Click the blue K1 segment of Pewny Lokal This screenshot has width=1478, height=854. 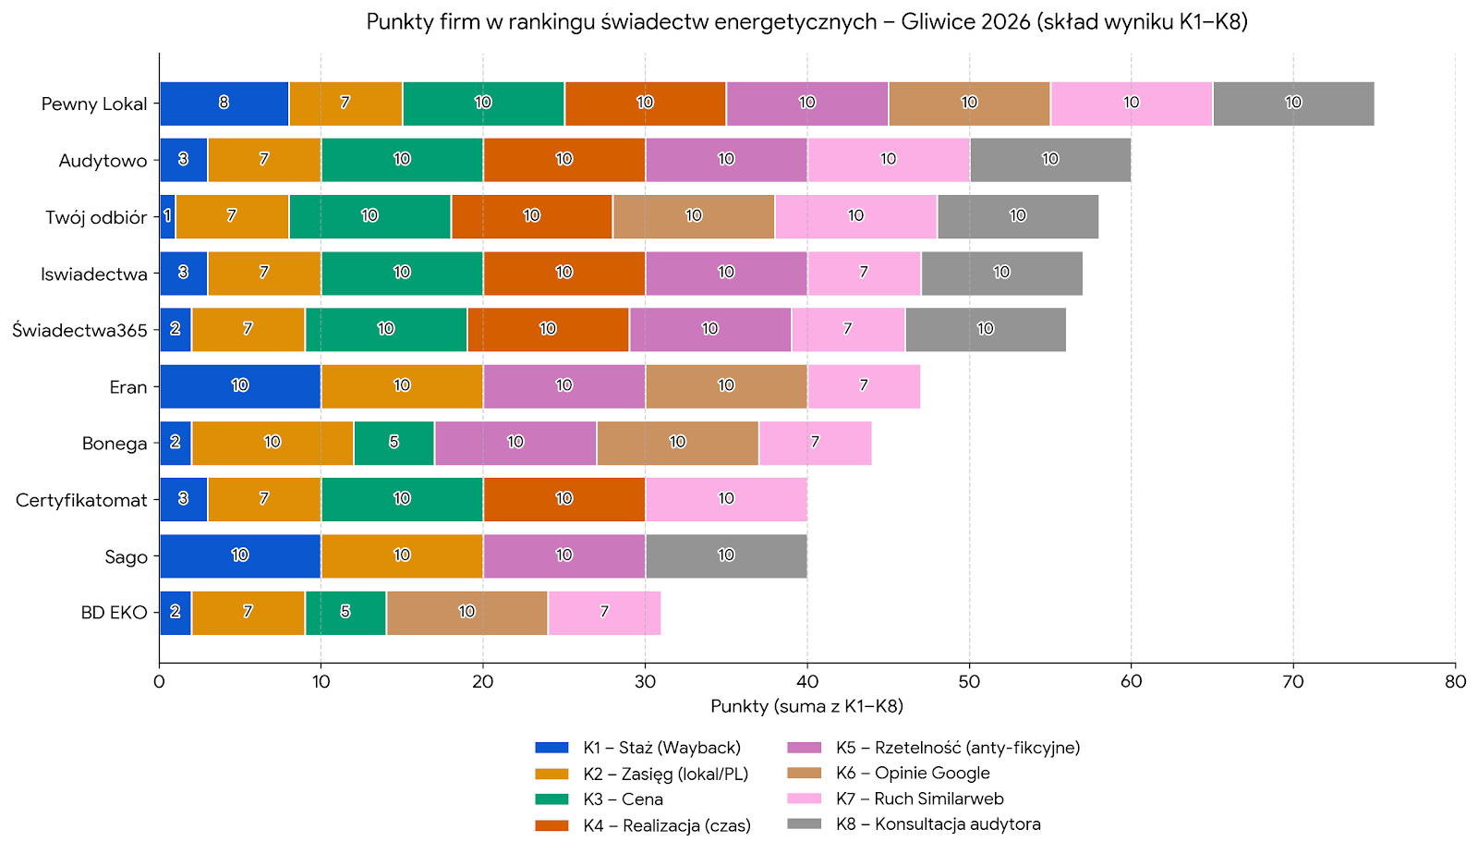[x=224, y=103]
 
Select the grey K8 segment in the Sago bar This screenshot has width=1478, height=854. [x=726, y=555]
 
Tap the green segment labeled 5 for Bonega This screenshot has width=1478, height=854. [x=394, y=443]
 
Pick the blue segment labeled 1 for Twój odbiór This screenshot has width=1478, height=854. [x=167, y=216]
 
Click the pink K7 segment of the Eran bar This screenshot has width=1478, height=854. [x=864, y=386]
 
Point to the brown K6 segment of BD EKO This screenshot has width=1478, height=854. [x=466, y=613]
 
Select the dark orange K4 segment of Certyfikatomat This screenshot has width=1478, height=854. [x=563, y=499]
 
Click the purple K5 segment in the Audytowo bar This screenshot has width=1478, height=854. [x=726, y=160]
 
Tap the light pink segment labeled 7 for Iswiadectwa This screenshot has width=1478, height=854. [x=864, y=273]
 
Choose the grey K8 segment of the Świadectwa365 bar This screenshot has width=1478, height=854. [x=986, y=329]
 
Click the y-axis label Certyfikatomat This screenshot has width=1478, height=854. [x=81, y=500]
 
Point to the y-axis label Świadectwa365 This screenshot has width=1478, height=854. [x=79, y=330]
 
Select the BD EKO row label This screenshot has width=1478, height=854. [x=114, y=613]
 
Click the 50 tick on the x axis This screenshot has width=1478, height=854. [x=969, y=682]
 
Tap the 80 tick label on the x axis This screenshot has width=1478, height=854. [x=1455, y=682]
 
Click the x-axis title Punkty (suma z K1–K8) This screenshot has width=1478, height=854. [x=806, y=706]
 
